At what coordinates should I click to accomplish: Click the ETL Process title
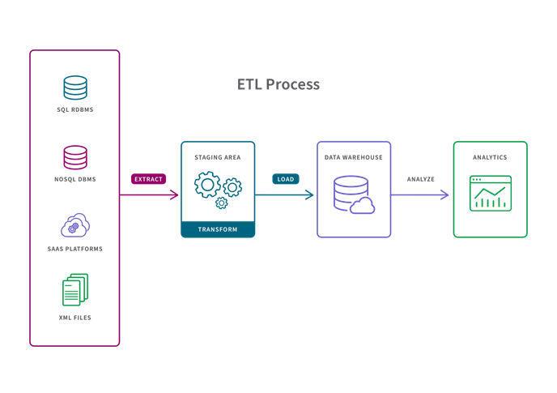[x=278, y=84]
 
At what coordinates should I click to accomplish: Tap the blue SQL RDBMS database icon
[x=75, y=87]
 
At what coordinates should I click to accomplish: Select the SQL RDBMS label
[x=75, y=109]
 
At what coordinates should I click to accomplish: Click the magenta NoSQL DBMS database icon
[x=75, y=156]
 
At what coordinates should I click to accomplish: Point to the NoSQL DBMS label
[x=75, y=178]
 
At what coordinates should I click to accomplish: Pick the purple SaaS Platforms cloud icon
[x=75, y=225]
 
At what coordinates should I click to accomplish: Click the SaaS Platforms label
[x=75, y=248]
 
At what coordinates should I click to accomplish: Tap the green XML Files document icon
[x=75, y=289]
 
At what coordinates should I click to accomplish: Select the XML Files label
[x=75, y=318]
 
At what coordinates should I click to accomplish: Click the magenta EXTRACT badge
[x=148, y=178]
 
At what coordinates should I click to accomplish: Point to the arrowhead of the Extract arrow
[x=175, y=194]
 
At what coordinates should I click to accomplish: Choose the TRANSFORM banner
[x=218, y=229]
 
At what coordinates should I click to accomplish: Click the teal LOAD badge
[x=285, y=178]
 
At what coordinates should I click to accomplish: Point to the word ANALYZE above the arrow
[x=420, y=178]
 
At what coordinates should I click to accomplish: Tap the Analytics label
[x=490, y=156]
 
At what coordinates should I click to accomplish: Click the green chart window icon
[x=491, y=193]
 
